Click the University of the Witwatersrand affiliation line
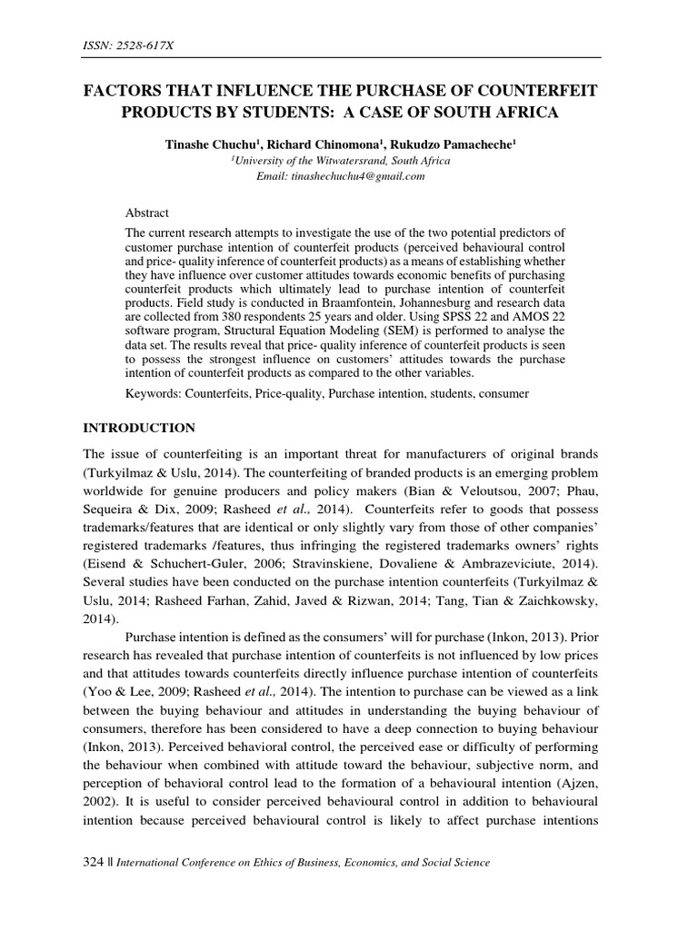click(x=349, y=161)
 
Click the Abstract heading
click(x=147, y=213)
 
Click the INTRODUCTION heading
click(x=139, y=427)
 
